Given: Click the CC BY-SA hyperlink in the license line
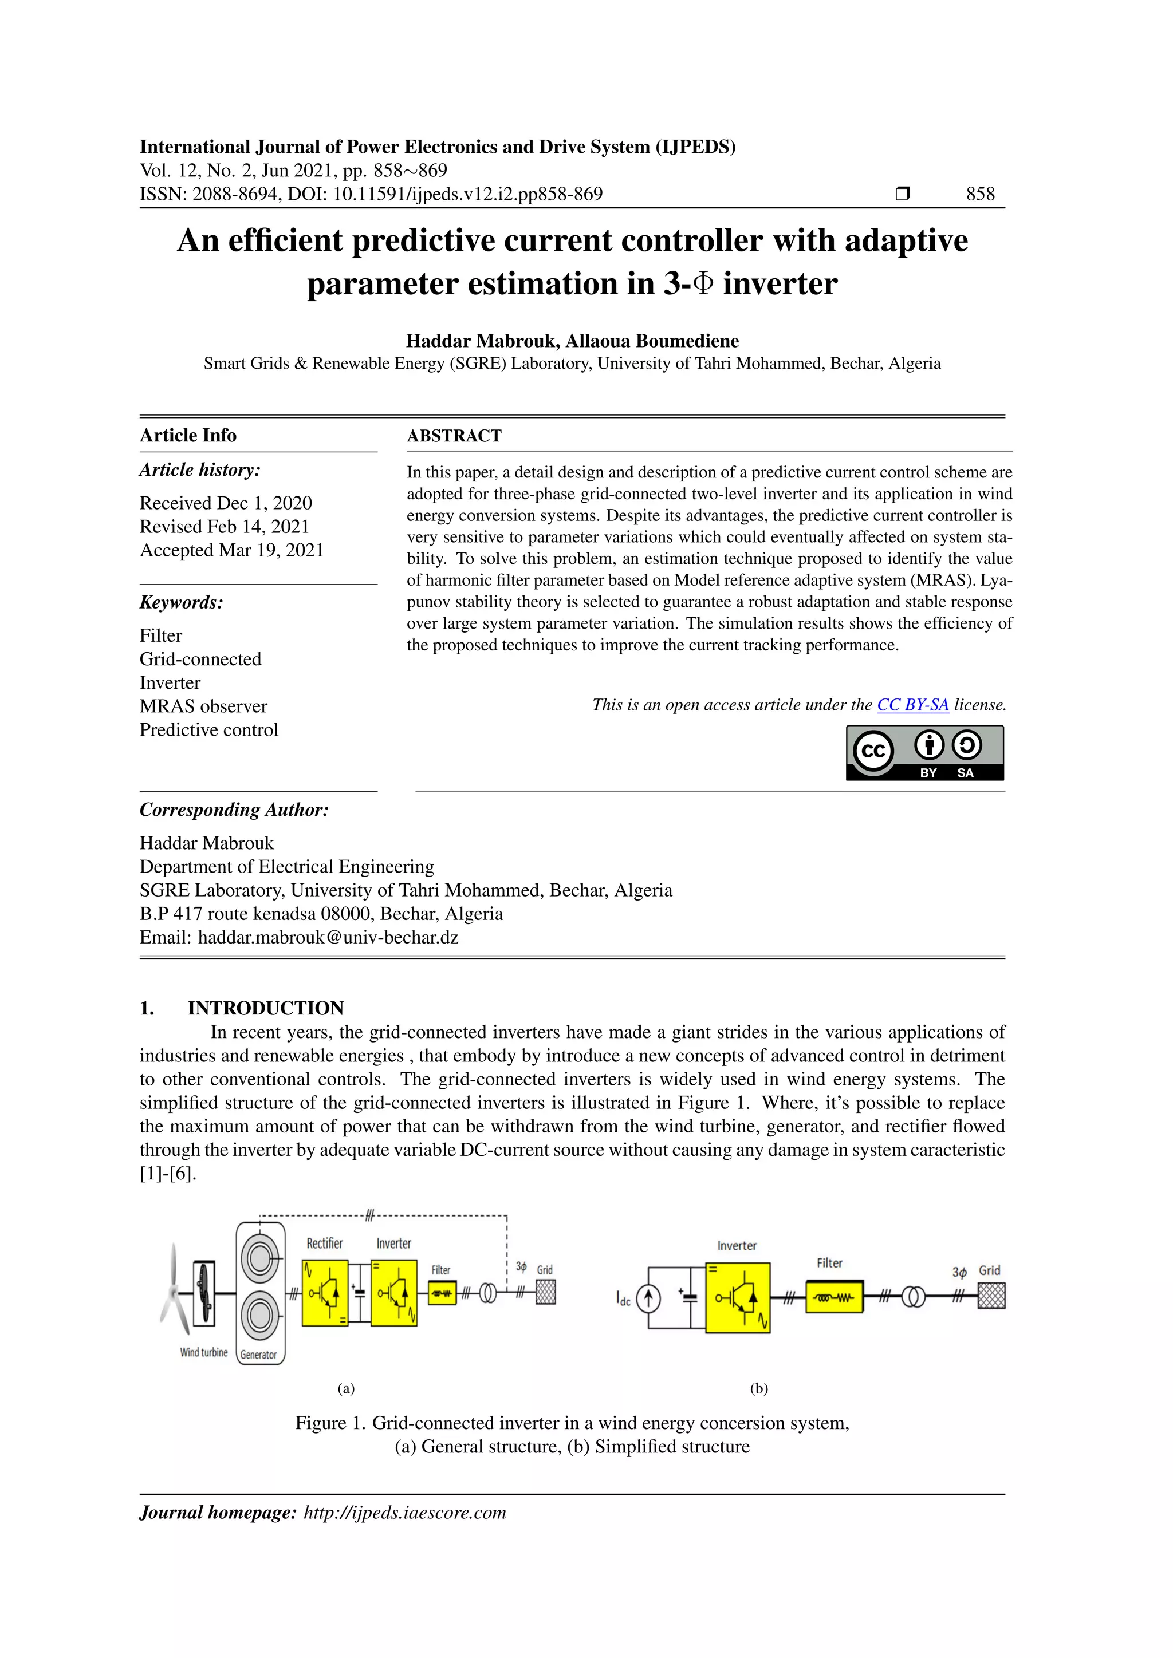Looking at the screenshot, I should (x=912, y=705).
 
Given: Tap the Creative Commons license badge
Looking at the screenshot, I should (x=924, y=752).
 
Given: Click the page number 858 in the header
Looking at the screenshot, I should (x=980, y=194).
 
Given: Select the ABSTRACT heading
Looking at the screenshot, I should (x=454, y=436).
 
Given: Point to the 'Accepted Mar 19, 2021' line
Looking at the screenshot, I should (x=231, y=550).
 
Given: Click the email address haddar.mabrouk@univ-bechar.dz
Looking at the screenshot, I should (x=328, y=937).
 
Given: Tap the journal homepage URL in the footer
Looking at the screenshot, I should (x=404, y=1512).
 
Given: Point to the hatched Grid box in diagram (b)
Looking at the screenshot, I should (x=991, y=1296).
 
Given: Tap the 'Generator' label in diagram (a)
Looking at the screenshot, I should (x=258, y=1355).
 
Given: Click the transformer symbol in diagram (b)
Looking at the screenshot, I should (x=913, y=1298).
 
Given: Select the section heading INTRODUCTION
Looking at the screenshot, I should (x=265, y=1008).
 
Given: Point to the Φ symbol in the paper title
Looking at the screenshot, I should (x=703, y=284).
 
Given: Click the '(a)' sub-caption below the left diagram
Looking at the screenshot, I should (x=346, y=1388).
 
